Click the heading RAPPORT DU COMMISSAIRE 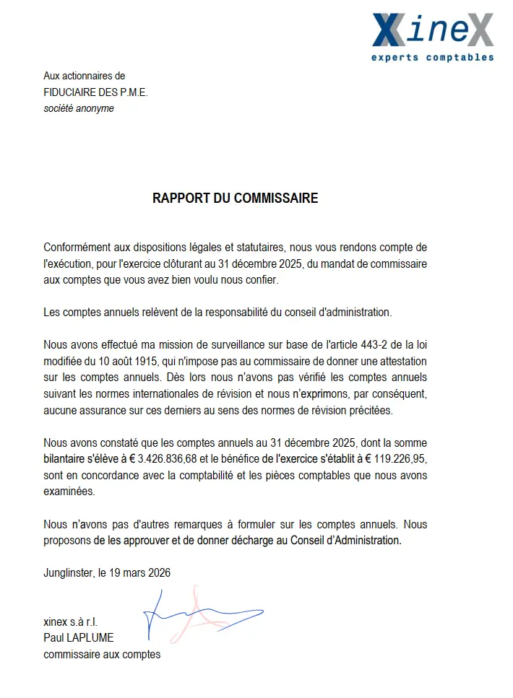point(235,198)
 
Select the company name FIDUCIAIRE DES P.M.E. point(95,92)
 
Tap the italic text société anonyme point(79,108)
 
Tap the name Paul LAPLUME point(78,637)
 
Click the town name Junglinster point(69,573)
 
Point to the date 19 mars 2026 point(139,573)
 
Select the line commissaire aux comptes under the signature point(102,654)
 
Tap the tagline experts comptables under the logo point(432,58)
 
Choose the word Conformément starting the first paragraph point(77,247)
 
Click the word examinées point(69,491)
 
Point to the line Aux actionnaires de point(84,75)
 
